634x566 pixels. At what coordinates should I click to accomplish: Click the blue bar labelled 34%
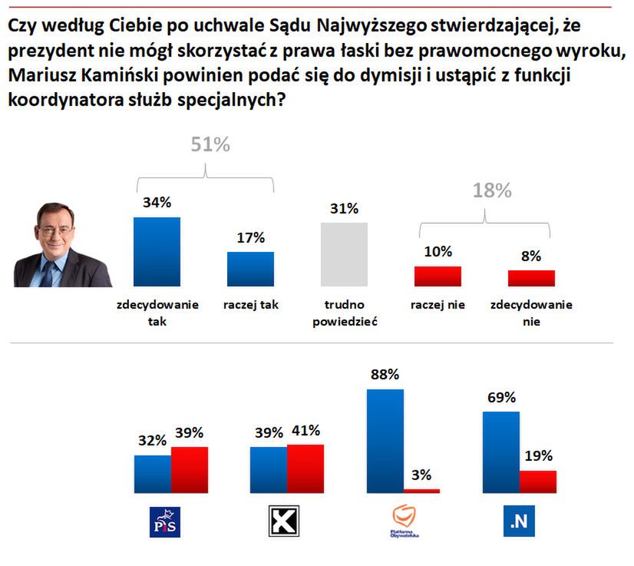coord(157,252)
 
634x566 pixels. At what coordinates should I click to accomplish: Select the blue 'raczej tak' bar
coord(250,269)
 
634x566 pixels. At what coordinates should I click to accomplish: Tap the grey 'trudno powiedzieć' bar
coord(344,255)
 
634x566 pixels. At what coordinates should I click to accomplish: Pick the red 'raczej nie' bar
coord(438,276)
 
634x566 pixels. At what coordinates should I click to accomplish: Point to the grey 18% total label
coord(490,191)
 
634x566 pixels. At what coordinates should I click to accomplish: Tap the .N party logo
coord(518,522)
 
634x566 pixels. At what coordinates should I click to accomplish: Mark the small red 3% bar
coord(422,490)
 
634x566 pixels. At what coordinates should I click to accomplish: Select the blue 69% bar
coord(500,452)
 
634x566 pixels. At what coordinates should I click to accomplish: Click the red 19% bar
coord(537,482)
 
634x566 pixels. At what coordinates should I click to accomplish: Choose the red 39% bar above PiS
coord(190,469)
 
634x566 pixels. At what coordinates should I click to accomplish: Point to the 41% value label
coord(305,430)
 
